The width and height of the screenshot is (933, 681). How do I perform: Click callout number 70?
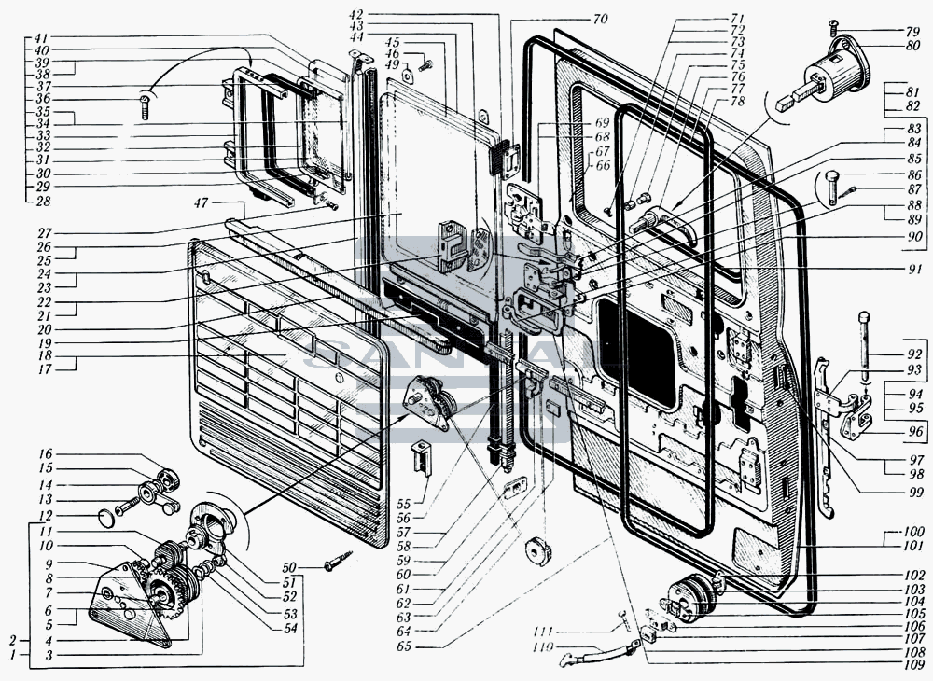tap(600, 20)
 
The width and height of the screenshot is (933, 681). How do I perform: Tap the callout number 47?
tap(202, 203)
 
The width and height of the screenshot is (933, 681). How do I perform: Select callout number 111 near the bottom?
tap(543, 631)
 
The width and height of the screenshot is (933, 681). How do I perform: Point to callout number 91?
tap(915, 268)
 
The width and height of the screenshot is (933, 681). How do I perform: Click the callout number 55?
tap(404, 504)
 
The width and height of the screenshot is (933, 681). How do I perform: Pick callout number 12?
tap(45, 516)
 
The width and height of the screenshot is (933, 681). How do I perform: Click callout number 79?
tap(912, 31)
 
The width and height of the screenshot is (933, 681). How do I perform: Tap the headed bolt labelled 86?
tap(832, 187)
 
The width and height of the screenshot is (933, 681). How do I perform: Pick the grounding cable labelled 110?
tap(597, 654)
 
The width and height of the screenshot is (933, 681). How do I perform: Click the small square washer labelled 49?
tap(408, 75)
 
